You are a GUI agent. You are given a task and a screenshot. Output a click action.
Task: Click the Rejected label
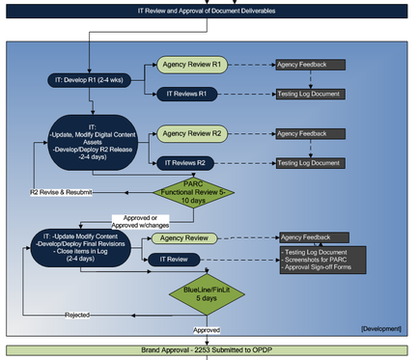pyautogui.click(x=79, y=316)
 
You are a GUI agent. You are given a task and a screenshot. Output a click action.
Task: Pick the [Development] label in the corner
pyautogui.click(x=378, y=329)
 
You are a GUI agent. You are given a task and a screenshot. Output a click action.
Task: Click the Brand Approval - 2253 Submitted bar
pyautogui.click(x=209, y=348)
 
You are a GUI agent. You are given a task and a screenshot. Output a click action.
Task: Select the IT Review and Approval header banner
pyautogui.click(x=209, y=12)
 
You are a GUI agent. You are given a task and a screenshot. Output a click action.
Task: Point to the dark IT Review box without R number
pyautogui.click(x=174, y=259)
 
